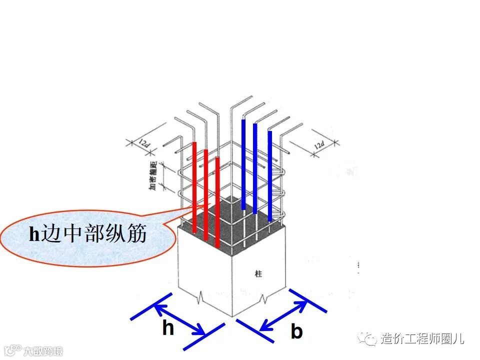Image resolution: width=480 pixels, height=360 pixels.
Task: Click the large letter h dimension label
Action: [168, 328]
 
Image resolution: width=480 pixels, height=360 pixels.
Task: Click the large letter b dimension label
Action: [296, 331]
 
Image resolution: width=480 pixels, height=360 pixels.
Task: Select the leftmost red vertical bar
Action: [194, 187]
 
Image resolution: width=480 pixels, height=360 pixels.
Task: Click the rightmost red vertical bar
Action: [217, 202]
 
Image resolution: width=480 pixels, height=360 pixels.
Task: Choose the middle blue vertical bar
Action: [255, 169]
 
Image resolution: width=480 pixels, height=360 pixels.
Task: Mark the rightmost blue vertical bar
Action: [270, 175]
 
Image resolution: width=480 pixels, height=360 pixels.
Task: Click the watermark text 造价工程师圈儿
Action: [422, 339]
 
